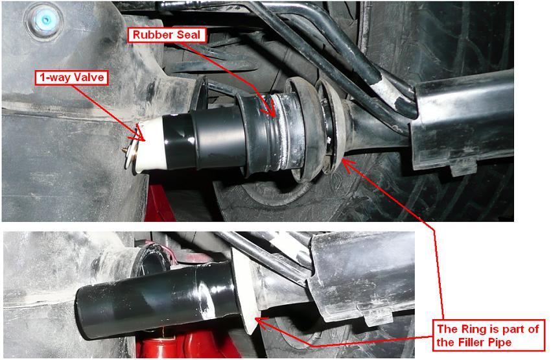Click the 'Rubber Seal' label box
167,35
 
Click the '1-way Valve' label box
72,78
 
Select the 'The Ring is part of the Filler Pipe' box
487,335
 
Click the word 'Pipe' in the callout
499,342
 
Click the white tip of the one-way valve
152,145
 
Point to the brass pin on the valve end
124,150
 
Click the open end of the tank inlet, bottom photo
152,259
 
